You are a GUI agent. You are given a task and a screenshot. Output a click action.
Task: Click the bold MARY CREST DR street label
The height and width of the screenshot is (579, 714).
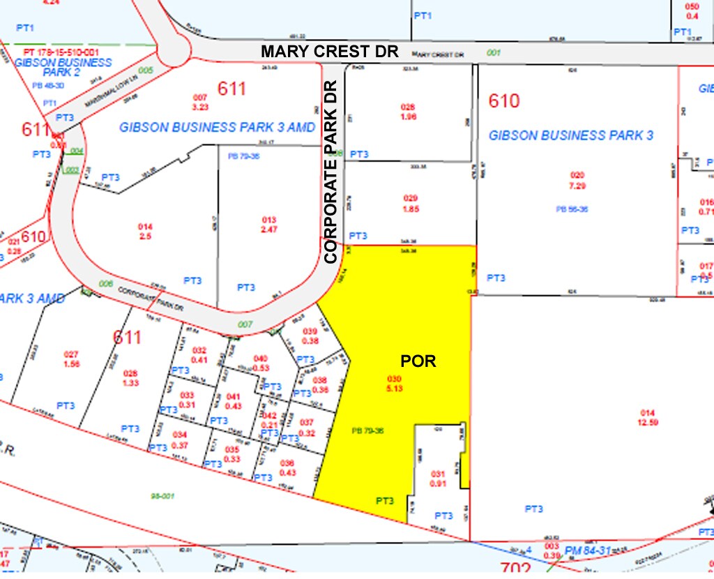coord(330,51)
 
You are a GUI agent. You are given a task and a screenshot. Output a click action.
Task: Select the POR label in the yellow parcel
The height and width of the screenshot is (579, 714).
coord(418,361)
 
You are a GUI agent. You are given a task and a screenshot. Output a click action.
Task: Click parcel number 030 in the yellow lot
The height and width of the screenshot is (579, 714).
coord(395,379)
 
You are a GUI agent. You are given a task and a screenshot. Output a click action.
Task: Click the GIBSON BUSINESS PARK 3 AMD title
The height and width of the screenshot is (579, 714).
coord(218,127)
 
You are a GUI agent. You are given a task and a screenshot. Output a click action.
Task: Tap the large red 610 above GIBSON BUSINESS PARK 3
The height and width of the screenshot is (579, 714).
coord(503,101)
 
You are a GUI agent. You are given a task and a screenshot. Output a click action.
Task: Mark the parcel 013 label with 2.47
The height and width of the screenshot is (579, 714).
coord(269,225)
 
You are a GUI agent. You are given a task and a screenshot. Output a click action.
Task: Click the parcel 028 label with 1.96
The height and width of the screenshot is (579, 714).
coord(408,112)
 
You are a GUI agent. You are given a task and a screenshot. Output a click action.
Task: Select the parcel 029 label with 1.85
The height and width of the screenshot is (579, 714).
coord(409,204)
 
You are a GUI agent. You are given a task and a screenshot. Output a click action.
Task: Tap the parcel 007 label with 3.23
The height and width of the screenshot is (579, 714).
coord(201,102)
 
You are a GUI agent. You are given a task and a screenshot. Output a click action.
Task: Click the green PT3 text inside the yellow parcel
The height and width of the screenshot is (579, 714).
coord(385,500)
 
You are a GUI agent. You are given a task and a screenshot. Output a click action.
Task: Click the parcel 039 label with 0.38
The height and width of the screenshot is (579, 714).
coord(310,336)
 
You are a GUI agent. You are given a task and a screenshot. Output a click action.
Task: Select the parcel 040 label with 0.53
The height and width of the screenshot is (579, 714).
coord(261,363)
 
